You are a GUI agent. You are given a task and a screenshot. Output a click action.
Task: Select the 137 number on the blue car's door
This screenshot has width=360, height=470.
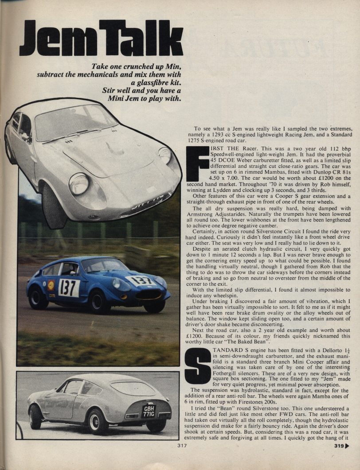pyautogui.click(x=69, y=287)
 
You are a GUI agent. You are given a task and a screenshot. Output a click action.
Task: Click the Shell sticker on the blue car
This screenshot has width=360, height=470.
pyautogui.click(x=51, y=285)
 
